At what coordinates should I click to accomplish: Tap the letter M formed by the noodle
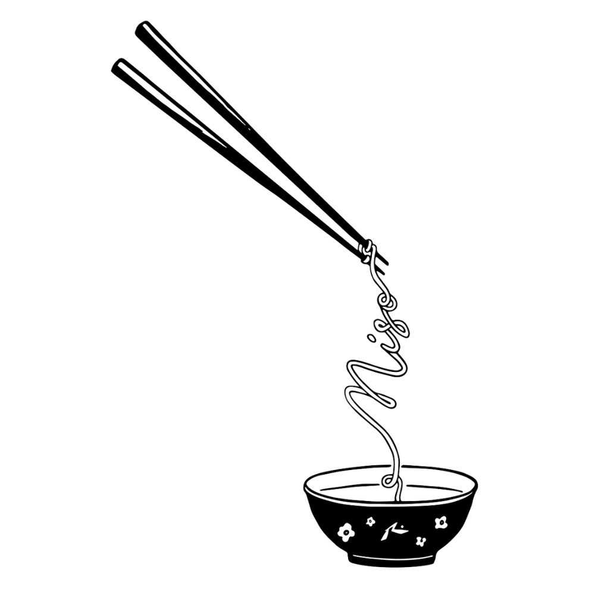point(370,391)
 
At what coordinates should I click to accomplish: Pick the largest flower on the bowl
point(346,531)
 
